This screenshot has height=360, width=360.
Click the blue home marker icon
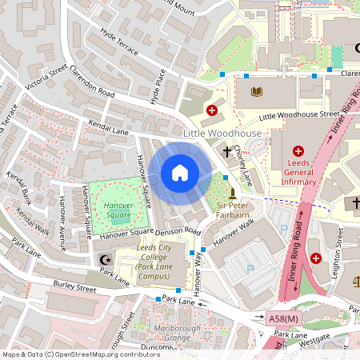tap(180, 173)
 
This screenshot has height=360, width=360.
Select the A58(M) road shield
tap(282, 318)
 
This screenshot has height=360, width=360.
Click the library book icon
tap(257, 93)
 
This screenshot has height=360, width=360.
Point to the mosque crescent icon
tap(102, 259)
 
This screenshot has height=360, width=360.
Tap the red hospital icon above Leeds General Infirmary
tap(298, 150)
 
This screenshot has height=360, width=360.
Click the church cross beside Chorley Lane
tap(227, 150)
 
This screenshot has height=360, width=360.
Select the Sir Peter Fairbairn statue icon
tap(232, 193)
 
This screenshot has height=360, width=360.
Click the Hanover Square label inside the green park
tap(118, 210)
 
